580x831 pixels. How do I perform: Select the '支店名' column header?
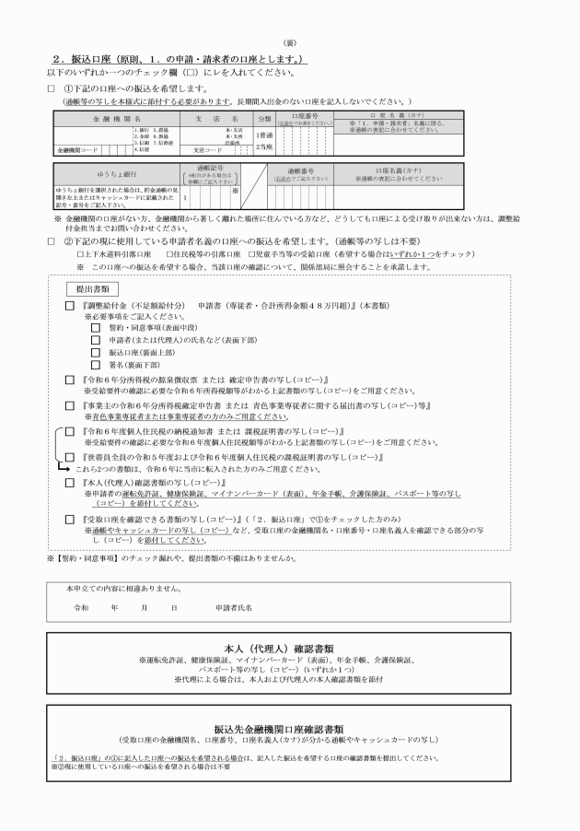pos(217,119)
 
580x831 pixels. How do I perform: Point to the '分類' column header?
pos(264,119)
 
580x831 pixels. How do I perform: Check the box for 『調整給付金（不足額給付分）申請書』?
pos(70,305)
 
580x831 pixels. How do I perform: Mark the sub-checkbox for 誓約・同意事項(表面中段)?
pos(95,327)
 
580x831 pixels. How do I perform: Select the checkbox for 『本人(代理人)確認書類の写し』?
pos(70,483)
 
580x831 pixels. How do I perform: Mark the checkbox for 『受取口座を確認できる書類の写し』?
pos(70,520)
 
